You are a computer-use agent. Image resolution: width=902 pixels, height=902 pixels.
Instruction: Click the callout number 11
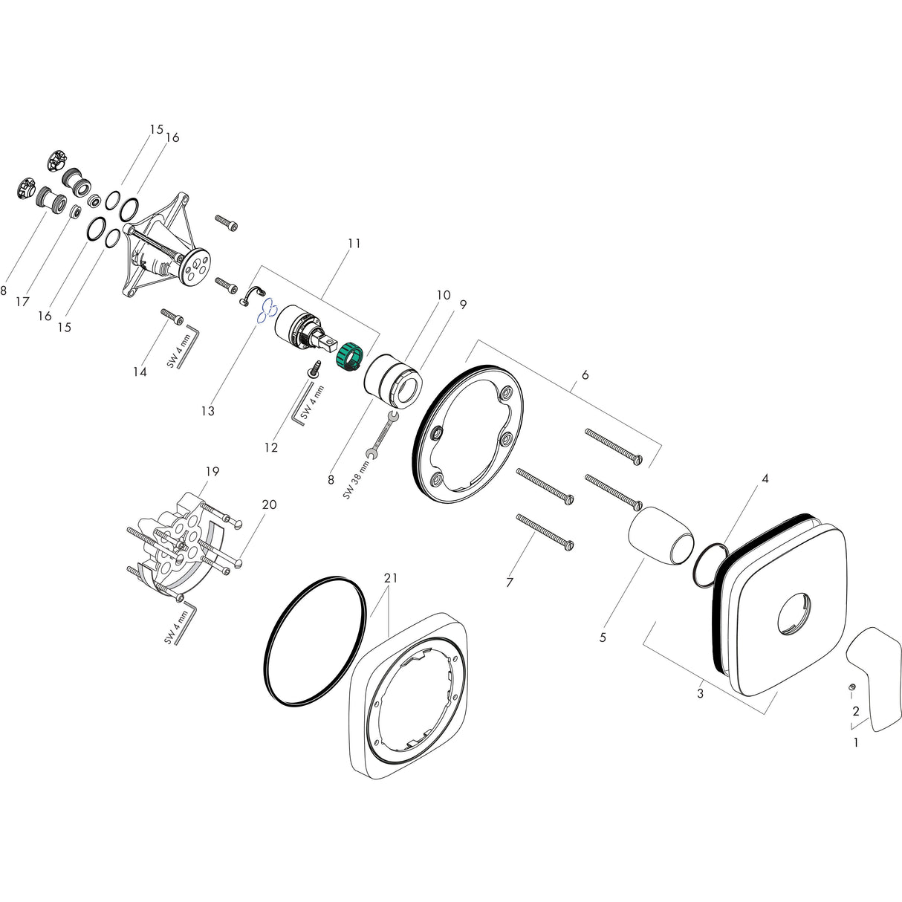[354, 243]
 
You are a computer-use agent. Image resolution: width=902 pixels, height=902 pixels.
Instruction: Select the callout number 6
[585, 375]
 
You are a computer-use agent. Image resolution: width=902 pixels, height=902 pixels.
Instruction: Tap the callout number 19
[212, 471]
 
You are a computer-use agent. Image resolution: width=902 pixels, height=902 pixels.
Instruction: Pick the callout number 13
[208, 411]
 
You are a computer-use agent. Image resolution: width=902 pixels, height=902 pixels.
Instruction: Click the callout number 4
[765, 478]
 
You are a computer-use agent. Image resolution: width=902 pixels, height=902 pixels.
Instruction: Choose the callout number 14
[140, 371]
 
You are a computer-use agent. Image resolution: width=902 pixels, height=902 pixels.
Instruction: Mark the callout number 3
[700, 694]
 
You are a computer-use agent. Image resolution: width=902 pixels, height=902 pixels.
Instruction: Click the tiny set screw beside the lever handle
[852, 686]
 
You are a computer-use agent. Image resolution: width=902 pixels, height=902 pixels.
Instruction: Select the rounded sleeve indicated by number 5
[661, 535]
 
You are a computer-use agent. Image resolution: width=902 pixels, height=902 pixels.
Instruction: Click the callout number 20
[269, 504]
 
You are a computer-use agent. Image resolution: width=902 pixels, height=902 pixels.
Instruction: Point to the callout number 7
[510, 583]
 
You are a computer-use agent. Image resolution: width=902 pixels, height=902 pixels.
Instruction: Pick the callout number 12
[271, 447]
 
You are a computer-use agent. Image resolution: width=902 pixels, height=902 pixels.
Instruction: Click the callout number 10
[443, 295]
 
